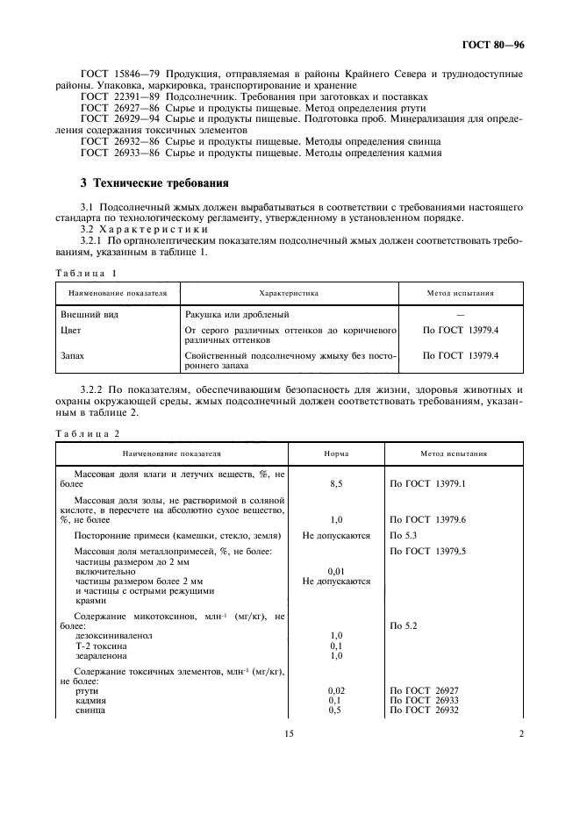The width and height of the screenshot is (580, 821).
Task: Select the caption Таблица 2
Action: pos(88,433)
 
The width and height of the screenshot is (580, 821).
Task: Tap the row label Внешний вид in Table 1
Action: pos(89,313)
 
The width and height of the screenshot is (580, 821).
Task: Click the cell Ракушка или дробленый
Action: pos(237,313)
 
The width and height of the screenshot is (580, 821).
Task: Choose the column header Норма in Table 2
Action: pos(335,454)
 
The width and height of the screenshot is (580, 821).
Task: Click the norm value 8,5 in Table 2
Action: pos(335,483)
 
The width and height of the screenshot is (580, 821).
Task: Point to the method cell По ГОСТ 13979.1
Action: pos(426,483)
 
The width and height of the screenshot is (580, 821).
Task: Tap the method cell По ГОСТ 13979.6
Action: pos(426,519)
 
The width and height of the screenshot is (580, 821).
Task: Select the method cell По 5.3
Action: pos(404,534)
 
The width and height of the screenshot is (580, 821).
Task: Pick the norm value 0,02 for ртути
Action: pos(335,690)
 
